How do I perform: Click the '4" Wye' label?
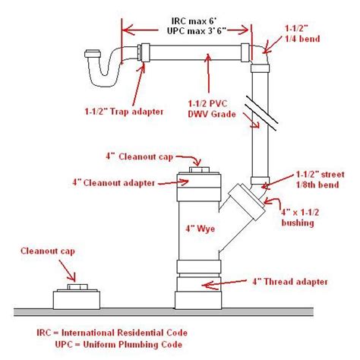click(201, 229)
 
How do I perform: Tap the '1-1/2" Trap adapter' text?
click(124, 112)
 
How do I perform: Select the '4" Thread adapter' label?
click(290, 282)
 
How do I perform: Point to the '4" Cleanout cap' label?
click(139, 156)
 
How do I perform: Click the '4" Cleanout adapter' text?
click(113, 182)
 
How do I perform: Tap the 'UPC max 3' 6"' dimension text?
click(197, 31)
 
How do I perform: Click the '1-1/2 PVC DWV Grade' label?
click(212, 109)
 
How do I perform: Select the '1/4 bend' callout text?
click(302, 39)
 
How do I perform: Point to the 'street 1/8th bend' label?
click(320, 179)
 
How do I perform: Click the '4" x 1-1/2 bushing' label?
click(300, 217)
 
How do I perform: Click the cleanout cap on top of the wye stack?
click(200, 170)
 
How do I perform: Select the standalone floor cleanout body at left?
click(77, 300)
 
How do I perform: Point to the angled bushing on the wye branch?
click(246, 199)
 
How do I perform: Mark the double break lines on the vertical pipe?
click(262, 113)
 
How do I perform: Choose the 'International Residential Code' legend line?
click(112, 333)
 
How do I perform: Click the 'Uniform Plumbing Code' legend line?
click(118, 344)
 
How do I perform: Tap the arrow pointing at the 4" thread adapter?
click(224, 283)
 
